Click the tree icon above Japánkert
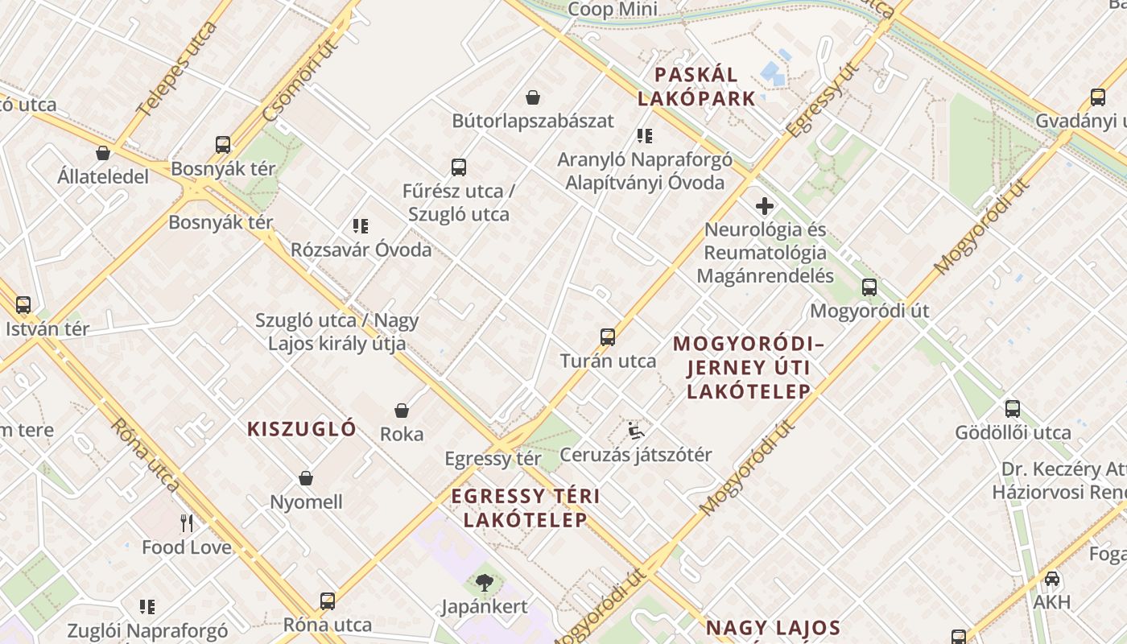[485, 582]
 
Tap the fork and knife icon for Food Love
[187, 523]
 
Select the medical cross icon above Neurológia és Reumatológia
[765, 206]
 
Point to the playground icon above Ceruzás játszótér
[636, 431]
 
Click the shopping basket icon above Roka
[402, 411]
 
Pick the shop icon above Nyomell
[306, 478]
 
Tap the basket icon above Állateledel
[103, 153]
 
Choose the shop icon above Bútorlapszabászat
[533, 97]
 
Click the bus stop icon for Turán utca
[608, 337]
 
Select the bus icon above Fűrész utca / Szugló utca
[459, 167]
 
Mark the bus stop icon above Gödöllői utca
[1013, 409]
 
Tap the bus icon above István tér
[23, 305]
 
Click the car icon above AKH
[1052, 579]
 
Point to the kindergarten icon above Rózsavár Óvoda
[361, 226]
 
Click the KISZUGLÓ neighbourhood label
[302, 428]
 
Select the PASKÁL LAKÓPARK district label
[696, 87]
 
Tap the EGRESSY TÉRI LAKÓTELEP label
[526, 507]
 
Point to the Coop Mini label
[613, 10]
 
